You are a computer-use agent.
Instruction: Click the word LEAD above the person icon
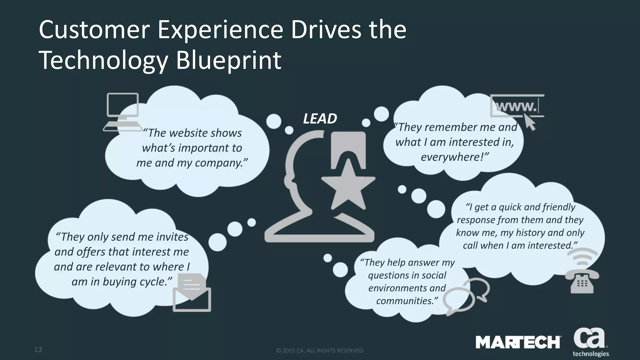(x=320, y=119)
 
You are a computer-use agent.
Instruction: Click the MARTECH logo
(x=518, y=342)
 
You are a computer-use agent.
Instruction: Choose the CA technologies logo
(x=590, y=342)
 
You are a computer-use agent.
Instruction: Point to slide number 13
(x=38, y=349)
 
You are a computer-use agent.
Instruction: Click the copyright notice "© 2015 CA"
(x=320, y=351)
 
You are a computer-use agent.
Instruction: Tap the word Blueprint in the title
(x=228, y=60)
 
